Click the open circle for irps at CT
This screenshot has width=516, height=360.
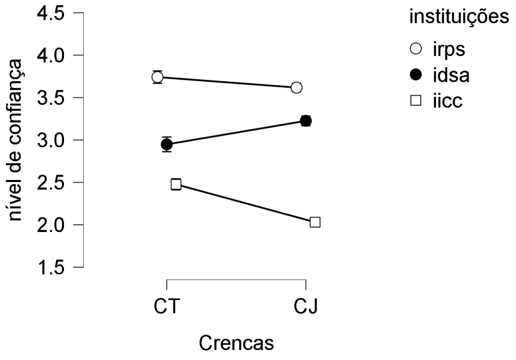pyautogui.click(x=157, y=77)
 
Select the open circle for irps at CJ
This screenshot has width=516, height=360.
pyautogui.click(x=296, y=88)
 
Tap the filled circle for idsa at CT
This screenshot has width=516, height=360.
pyautogui.click(x=167, y=145)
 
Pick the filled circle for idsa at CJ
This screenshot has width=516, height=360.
pyautogui.click(x=305, y=121)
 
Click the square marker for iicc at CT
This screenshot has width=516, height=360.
pyautogui.click(x=176, y=184)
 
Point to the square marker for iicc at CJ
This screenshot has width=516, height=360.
pyautogui.click(x=315, y=222)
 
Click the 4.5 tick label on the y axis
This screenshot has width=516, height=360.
pyautogui.click(x=50, y=14)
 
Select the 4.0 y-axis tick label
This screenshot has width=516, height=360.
pyautogui.click(x=50, y=55)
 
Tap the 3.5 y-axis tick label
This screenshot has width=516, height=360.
pyautogui.click(x=50, y=97)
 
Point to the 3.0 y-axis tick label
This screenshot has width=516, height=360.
pyautogui.click(x=50, y=140)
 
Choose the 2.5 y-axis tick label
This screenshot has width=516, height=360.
pyautogui.click(x=50, y=182)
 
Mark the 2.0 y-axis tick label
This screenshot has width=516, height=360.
pyautogui.click(x=50, y=224)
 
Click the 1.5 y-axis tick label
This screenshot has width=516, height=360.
pyautogui.click(x=50, y=267)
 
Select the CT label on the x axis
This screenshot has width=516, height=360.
pyautogui.click(x=166, y=306)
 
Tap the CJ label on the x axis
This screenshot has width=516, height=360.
pyautogui.click(x=305, y=306)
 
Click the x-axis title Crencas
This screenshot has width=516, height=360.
pyautogui.click(x=236, y=343)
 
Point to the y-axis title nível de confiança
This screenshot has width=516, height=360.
pyautogui.click(x=17, y=140)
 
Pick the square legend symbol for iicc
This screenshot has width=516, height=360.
pyautogui.click(x=416, y=101)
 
